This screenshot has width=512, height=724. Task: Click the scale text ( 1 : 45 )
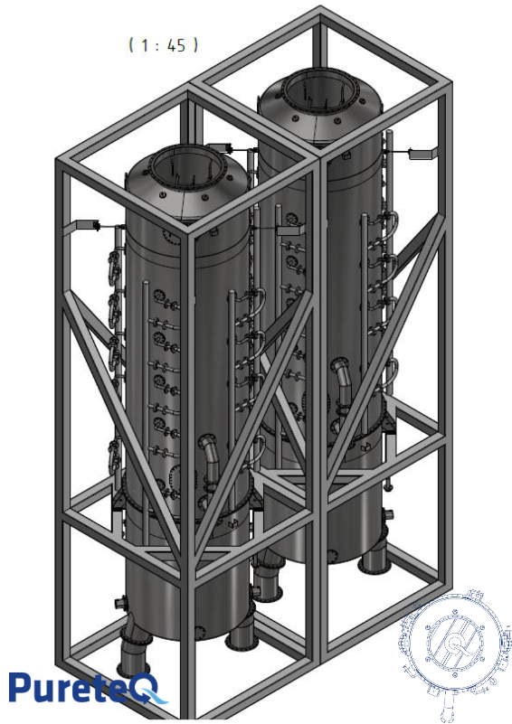163,44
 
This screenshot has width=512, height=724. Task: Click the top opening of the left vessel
185,169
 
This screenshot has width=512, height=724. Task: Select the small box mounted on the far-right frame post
422,153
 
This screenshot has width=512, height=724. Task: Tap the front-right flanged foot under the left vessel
241,636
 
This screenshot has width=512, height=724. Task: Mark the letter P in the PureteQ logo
24,688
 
